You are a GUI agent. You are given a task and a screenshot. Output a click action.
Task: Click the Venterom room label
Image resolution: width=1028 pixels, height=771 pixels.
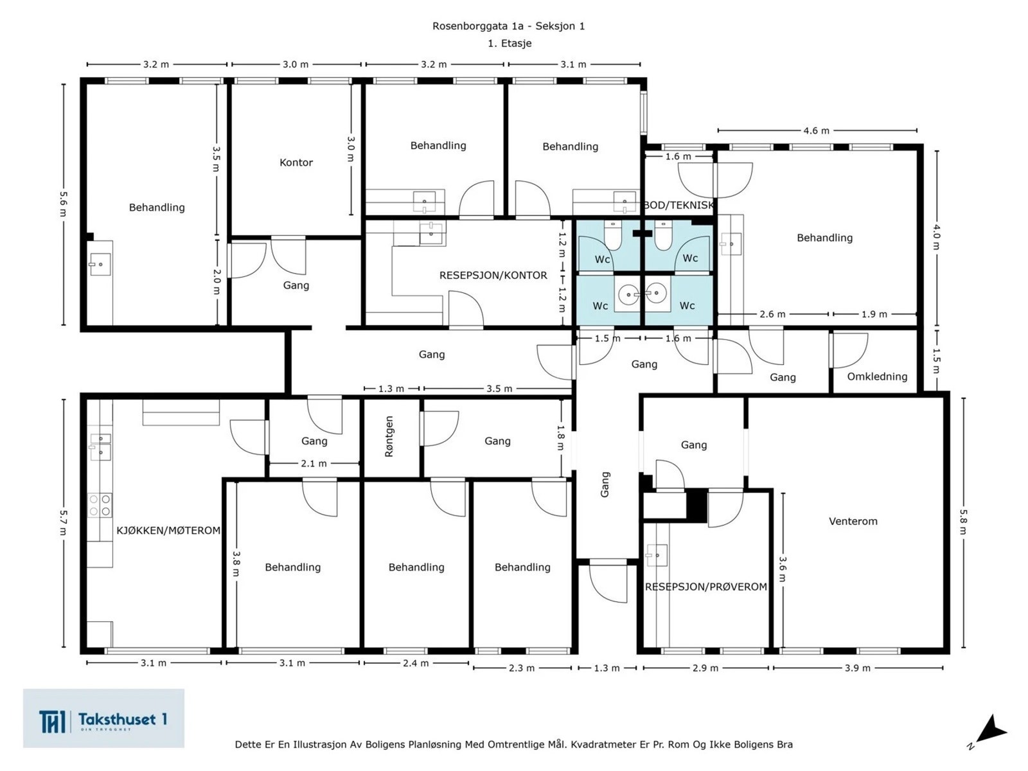click(853, 521)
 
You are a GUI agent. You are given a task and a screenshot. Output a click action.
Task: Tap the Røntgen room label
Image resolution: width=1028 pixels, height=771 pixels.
click(389, 436)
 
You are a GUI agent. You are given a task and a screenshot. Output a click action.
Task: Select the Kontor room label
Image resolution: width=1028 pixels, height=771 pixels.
click(296, 163)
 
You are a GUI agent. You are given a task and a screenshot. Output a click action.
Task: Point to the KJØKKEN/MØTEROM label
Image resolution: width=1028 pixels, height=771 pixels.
click(168, 531)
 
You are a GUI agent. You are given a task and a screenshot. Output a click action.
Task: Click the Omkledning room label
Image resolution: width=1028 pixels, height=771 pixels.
click(877, 377)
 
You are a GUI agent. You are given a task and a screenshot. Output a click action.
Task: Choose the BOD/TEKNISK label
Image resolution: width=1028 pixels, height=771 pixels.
click(678, 205)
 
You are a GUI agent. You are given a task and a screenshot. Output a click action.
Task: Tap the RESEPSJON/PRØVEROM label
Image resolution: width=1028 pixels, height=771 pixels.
click(705, 587)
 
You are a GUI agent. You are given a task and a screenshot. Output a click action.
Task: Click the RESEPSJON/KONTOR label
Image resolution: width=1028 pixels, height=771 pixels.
click(493, 275)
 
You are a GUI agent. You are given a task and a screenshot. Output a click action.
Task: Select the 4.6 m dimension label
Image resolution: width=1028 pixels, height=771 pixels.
click(817, 130)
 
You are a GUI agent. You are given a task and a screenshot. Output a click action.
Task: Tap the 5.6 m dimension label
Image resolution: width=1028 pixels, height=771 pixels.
click(63, 204)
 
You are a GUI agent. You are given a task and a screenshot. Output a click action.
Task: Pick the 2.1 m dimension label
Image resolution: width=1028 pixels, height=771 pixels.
click(314, 463)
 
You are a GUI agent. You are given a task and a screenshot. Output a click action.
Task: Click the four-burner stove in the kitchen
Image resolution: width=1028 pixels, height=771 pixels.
click(100, 504)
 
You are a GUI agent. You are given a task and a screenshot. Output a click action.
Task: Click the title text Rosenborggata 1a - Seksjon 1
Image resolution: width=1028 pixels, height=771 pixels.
click(509, 26)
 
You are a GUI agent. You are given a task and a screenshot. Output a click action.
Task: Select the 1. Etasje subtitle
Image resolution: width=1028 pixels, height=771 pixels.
click(510, 43)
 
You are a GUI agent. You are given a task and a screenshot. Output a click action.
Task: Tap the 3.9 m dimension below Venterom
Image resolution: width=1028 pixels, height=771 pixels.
click(858, 668)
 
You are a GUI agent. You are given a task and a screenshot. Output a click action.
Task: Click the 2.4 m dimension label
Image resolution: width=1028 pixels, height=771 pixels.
click(416, 663)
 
